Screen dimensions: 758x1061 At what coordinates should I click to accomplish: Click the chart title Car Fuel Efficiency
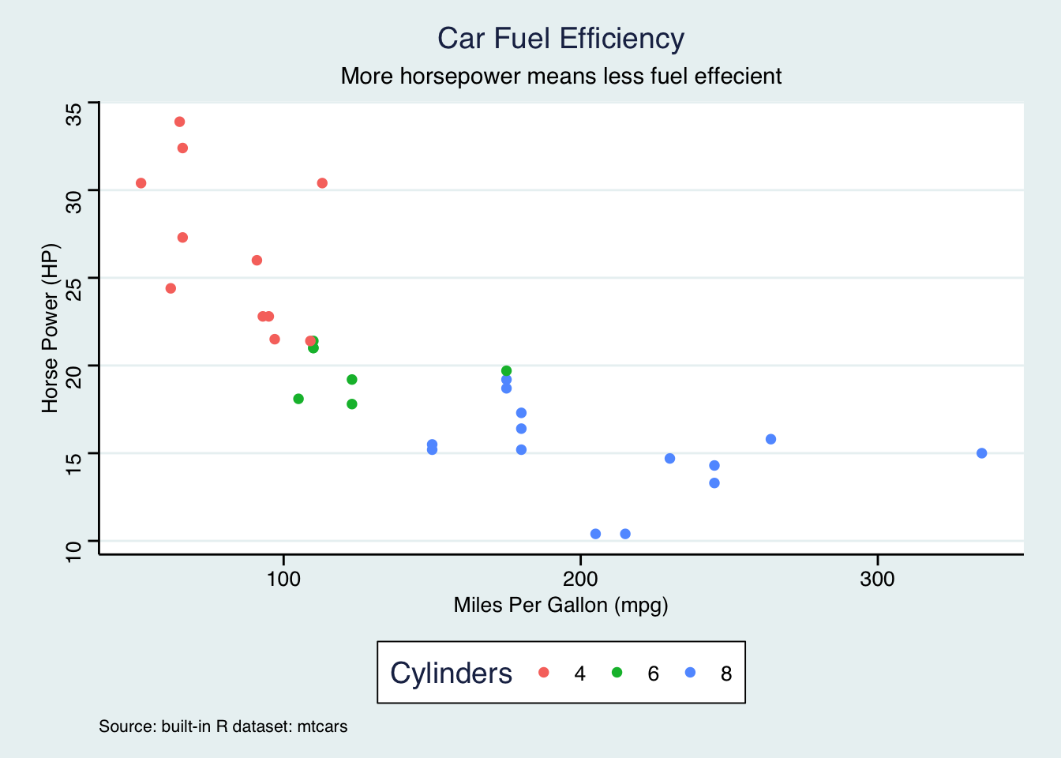point(560,38)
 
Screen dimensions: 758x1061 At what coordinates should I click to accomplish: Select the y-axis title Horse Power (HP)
point(51,328)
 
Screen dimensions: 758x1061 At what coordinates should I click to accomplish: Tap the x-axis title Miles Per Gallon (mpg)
point(560,605)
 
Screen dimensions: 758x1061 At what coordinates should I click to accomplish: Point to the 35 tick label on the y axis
point(74,114)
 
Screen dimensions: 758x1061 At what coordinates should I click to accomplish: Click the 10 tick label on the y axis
point(74,551)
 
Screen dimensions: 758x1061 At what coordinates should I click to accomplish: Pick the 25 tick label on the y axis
point(74,289)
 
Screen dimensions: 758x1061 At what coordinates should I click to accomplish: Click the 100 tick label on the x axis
point(283,579)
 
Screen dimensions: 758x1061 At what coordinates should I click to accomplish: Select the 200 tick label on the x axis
point(580,579)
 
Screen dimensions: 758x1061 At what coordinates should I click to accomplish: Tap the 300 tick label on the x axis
point(877,579)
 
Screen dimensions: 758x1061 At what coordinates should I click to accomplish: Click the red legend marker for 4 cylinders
point(543,673)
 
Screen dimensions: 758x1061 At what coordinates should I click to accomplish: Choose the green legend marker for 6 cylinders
point(617,673)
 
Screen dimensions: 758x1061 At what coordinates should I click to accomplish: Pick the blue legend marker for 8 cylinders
point(690,673)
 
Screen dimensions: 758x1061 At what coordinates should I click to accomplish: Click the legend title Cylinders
point(451,674)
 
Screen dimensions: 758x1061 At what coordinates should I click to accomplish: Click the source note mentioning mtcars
point(223,726)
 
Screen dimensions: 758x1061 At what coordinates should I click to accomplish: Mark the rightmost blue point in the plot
point(981,453)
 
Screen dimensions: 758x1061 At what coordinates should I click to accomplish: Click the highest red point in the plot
point(179,122)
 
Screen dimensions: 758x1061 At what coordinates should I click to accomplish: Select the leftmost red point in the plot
point(141,183)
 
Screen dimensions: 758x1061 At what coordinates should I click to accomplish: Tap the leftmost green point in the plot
point(298,399)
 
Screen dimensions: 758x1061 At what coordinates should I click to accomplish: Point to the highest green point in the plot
point(506,371)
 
